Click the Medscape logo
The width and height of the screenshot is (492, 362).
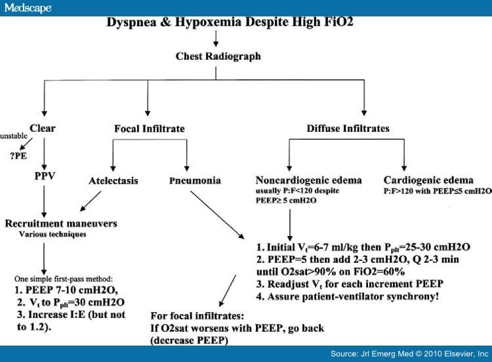click(28, 8)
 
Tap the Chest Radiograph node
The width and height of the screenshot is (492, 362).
click(218, 56)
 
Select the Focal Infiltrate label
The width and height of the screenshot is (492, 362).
click(150, 129)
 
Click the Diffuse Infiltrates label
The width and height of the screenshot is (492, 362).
click(348, 129)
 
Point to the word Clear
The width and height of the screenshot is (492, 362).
click(43, 128)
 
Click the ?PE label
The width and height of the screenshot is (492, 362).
click(18, 155)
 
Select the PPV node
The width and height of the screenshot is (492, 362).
click(45, 176)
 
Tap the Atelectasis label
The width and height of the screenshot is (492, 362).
click(113, 181)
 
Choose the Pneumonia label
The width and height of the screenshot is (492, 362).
click(195, 180)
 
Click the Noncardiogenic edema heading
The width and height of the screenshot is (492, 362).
click(309, 180)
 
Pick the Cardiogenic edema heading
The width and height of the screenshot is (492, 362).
click(428, 180)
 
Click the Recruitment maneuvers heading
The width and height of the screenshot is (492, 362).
click(61, 224)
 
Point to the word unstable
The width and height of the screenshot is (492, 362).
click(14, 136)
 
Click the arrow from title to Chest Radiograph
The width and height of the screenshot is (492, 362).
click(216, 38)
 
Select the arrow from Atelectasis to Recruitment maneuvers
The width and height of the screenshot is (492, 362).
click(91, 201)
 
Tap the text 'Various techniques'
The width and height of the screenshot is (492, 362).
click(52, 234)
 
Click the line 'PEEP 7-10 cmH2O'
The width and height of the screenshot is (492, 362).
click(66, 290)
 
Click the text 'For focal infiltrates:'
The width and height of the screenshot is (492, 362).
click(197, 315)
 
